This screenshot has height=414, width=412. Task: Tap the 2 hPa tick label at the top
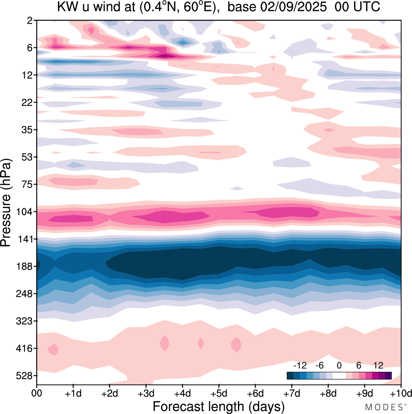click(x=30, y=21)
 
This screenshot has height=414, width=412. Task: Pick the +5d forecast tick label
click(x=219, y=393)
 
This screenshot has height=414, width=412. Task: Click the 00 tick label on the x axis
click(x=37, y=393)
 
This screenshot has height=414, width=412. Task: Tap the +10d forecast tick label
click(x=400, y=393)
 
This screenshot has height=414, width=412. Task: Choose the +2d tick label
click(x=110, y=393)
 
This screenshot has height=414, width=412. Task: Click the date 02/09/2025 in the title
click(x=294, y=7)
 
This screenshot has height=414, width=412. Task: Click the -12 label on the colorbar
click(x=300, y=365)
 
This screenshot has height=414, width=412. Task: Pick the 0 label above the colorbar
click(x=339, y=365)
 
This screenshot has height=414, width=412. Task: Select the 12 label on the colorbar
click(x=378, y=365)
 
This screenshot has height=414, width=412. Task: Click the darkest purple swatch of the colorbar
click(x=388, y=375)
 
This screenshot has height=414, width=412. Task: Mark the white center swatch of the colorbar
click(x=339, y=375)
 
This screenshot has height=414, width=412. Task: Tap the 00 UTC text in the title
click(x=357, y=7)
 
